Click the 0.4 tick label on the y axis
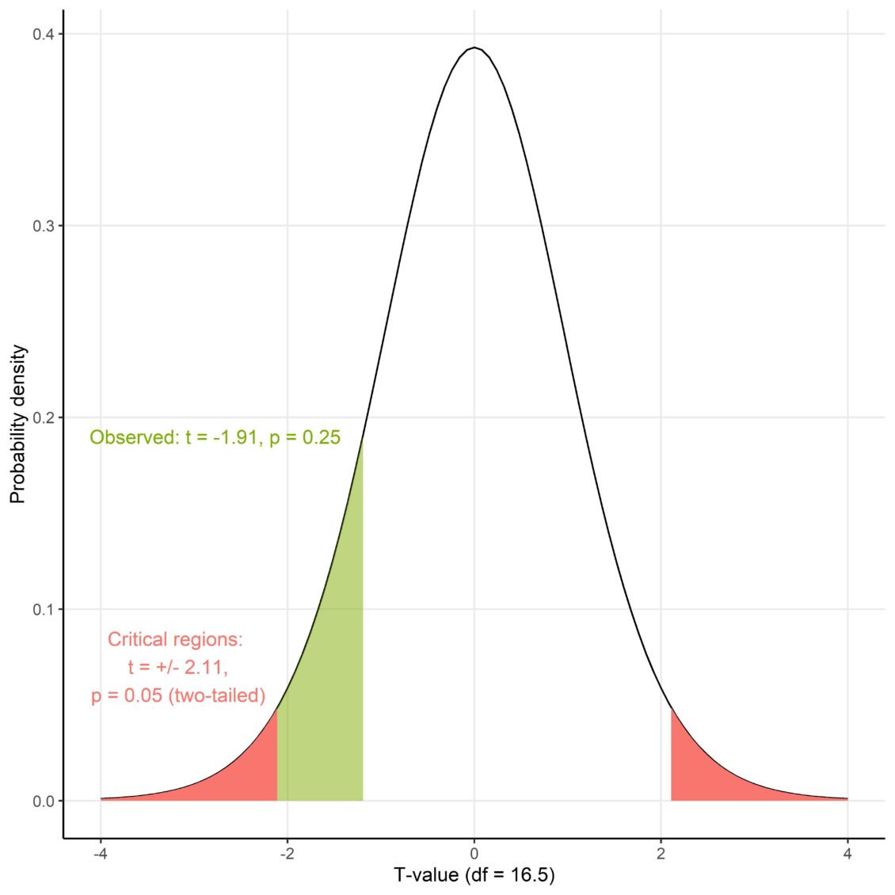43,34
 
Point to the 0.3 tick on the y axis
43,226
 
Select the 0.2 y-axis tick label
43,417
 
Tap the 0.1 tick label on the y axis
43,609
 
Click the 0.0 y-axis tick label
43,801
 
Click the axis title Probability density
17,424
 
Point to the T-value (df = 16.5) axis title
474,875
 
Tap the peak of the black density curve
474,48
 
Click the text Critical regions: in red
175,639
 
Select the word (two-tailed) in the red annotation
217,695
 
